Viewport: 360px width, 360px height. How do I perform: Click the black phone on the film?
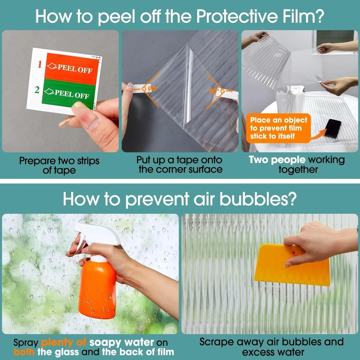click(x=333, y=128)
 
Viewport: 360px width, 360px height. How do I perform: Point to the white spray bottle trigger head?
click(x=96, y=237)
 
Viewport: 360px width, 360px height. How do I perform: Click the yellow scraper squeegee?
click(x=292, y=265)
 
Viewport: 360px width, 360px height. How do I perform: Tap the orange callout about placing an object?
click(x=278, y=128)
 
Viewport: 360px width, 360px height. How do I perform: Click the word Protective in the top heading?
click(x=238, y=16)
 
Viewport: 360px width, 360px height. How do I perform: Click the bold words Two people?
click(x=277, y=160)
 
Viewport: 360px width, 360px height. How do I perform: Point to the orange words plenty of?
click(x=64, y=342)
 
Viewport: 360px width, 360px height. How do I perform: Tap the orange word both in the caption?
click(x=24, y=352)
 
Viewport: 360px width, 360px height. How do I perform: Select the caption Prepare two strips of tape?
click(x=59, y=165)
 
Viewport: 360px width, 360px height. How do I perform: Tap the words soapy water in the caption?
click(x=121, y=342)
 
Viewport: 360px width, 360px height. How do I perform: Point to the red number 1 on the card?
click(x=40, y=64)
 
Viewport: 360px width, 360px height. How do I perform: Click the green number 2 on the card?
click(x=37, y=90)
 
